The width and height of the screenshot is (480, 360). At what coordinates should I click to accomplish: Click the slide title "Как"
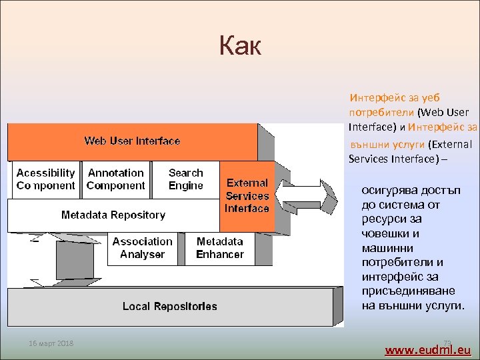click(240, 47)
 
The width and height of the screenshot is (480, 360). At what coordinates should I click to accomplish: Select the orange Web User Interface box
click(132, 141)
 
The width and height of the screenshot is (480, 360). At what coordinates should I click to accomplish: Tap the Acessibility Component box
click(45, 179)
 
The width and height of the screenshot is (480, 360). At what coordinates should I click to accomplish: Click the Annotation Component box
click(116, 179)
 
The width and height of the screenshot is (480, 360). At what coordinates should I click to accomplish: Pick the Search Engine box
click(186, 179)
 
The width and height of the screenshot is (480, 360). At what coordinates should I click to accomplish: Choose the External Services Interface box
click(247, 196)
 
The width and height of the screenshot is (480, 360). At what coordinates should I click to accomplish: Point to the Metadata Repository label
click(113, 215)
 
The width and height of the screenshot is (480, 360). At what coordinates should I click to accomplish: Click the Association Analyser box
click(142, 248)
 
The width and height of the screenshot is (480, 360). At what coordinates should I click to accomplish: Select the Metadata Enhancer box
click(220, 248)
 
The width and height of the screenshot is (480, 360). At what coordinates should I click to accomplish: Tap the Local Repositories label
click(170, 307)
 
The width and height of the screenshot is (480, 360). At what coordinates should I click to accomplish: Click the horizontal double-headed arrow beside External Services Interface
click(306, 197)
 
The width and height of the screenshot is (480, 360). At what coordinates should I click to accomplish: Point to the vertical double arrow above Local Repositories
click(75, 260)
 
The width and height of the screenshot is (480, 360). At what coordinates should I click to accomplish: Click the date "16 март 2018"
click(51, 343)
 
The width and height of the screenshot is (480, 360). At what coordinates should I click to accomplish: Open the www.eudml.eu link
click(428, 349)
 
